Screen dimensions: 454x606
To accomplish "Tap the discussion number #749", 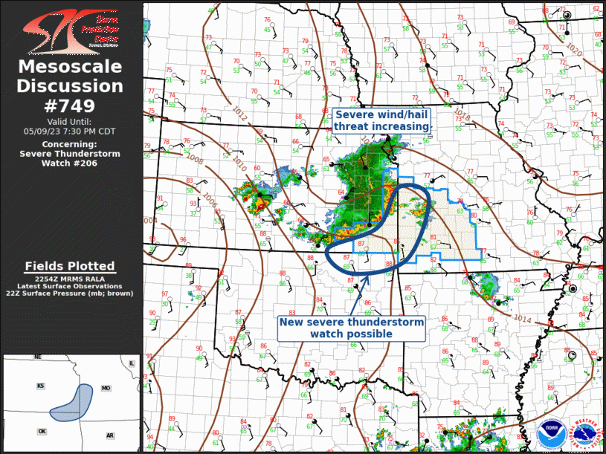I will coord(71,105).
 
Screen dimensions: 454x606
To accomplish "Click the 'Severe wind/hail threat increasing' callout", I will coord(381,121).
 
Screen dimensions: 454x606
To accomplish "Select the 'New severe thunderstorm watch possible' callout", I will coord(351,328).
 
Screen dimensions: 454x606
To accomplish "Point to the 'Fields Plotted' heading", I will coord(70,266).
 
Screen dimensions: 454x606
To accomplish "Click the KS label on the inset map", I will coord(41,386).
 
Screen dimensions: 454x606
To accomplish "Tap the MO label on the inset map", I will coord(106,389).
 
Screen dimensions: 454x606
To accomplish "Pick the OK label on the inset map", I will coord(42,432).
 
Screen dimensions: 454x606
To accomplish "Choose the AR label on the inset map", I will coord(109,435).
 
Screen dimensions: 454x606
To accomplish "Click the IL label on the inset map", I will coord(132,363).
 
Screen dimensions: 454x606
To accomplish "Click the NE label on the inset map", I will coord(38,357).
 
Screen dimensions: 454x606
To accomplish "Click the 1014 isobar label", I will coord(522,317).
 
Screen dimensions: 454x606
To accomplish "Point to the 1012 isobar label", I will coord(239,114).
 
